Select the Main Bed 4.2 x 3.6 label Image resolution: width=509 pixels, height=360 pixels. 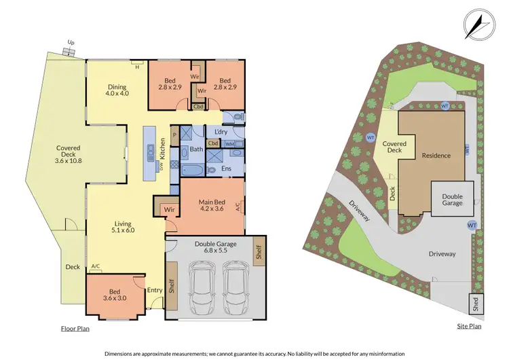pyautogui.click(x=213, y=205)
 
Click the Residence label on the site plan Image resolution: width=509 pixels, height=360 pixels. pyautogui.click(x=436, y=156)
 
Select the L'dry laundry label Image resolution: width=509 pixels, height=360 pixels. pyautogui.click(x=221, y=131)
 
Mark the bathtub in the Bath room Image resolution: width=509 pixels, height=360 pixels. pyautogui.click(x=193, y=169)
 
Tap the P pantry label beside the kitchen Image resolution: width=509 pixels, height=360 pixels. pyautogui.click(x=174, y=134)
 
